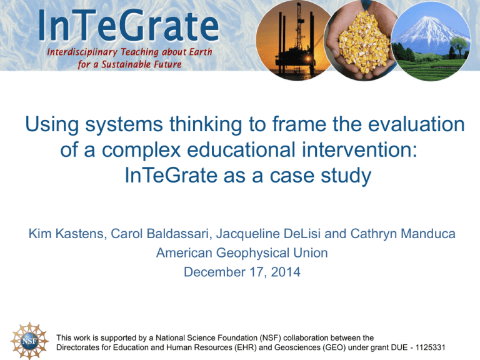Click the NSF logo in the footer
pyautogui.click(x=29, y=341)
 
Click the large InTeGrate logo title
pyautogui.click(x=129, y=26)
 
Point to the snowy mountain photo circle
pyautogui.click(x=431, y=41)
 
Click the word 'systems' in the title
pyautogui.click(x=124, y=125)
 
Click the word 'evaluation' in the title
pyautogui.click(x=416, y=124)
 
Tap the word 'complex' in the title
pyautogui.click(x=141, y=151)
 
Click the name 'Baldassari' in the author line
pyautogui.click(x=179, y=234)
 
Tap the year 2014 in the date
pyautogui.click(x=285, y=272)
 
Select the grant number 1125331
pyautogui.click(x=430, y=347)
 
